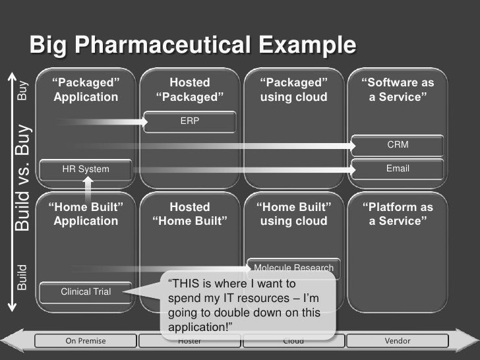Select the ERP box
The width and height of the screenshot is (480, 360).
190,121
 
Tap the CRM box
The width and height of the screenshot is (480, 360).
398,144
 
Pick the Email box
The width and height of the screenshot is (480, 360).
398,169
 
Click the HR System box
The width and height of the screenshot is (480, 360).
86,169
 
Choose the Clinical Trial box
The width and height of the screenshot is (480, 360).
86,291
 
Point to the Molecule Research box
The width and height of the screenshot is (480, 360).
294,268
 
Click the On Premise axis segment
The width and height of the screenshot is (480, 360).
86,341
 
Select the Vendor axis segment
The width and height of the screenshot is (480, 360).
398,341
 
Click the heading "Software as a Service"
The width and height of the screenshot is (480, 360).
398,90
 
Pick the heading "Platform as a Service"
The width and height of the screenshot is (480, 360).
398,214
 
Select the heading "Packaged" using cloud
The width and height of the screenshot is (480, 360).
294,90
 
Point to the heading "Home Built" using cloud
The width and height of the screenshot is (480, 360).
294,214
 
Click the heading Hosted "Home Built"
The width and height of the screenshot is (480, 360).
190,214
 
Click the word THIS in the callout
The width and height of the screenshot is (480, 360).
188,285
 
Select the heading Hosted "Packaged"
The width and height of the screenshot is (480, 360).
190,90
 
